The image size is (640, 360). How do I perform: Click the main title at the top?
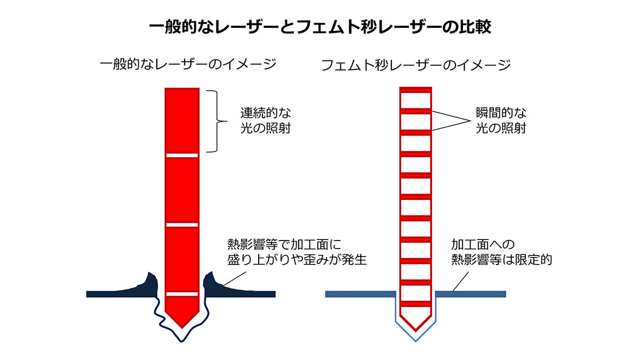[x=319, y=27]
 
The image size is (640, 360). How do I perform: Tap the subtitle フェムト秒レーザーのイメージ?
[x=416, y=66]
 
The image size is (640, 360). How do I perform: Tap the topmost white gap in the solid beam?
[x=182, y=156]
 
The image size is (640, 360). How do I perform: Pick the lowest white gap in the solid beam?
[x=182, y=294]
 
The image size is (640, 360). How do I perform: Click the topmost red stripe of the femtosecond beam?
[x=415, y=89]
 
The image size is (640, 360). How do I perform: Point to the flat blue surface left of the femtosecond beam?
[x=360, y=294]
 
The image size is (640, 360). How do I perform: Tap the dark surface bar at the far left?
[x=107, y=294]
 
